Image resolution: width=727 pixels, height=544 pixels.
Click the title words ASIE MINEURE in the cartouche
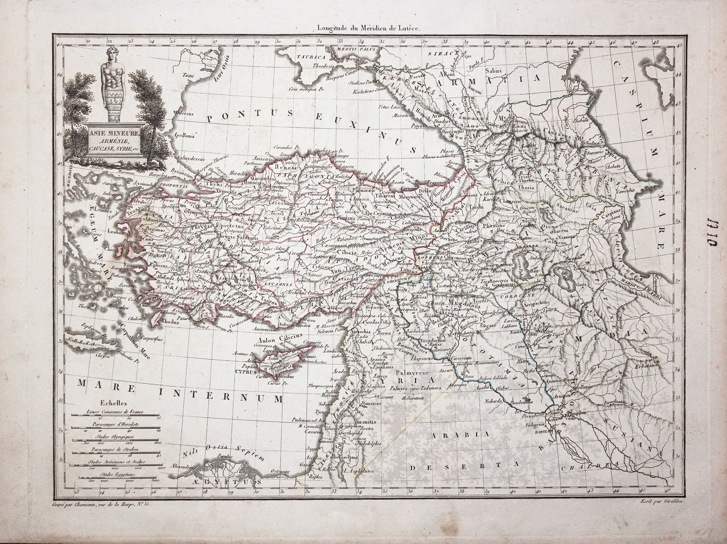(114, 134)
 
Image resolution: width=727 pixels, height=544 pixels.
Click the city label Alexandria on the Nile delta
(182, 466)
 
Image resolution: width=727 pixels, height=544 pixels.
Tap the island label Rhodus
(170, 322)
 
